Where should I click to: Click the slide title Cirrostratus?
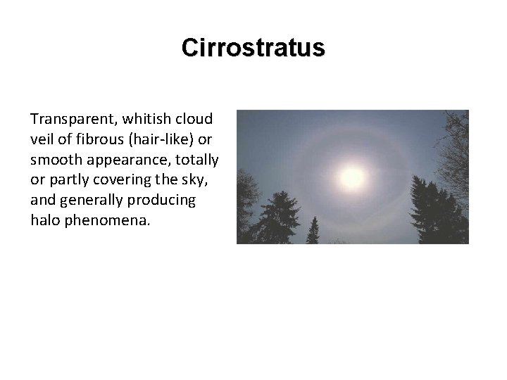pyautogui.click(x=253, y=48)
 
